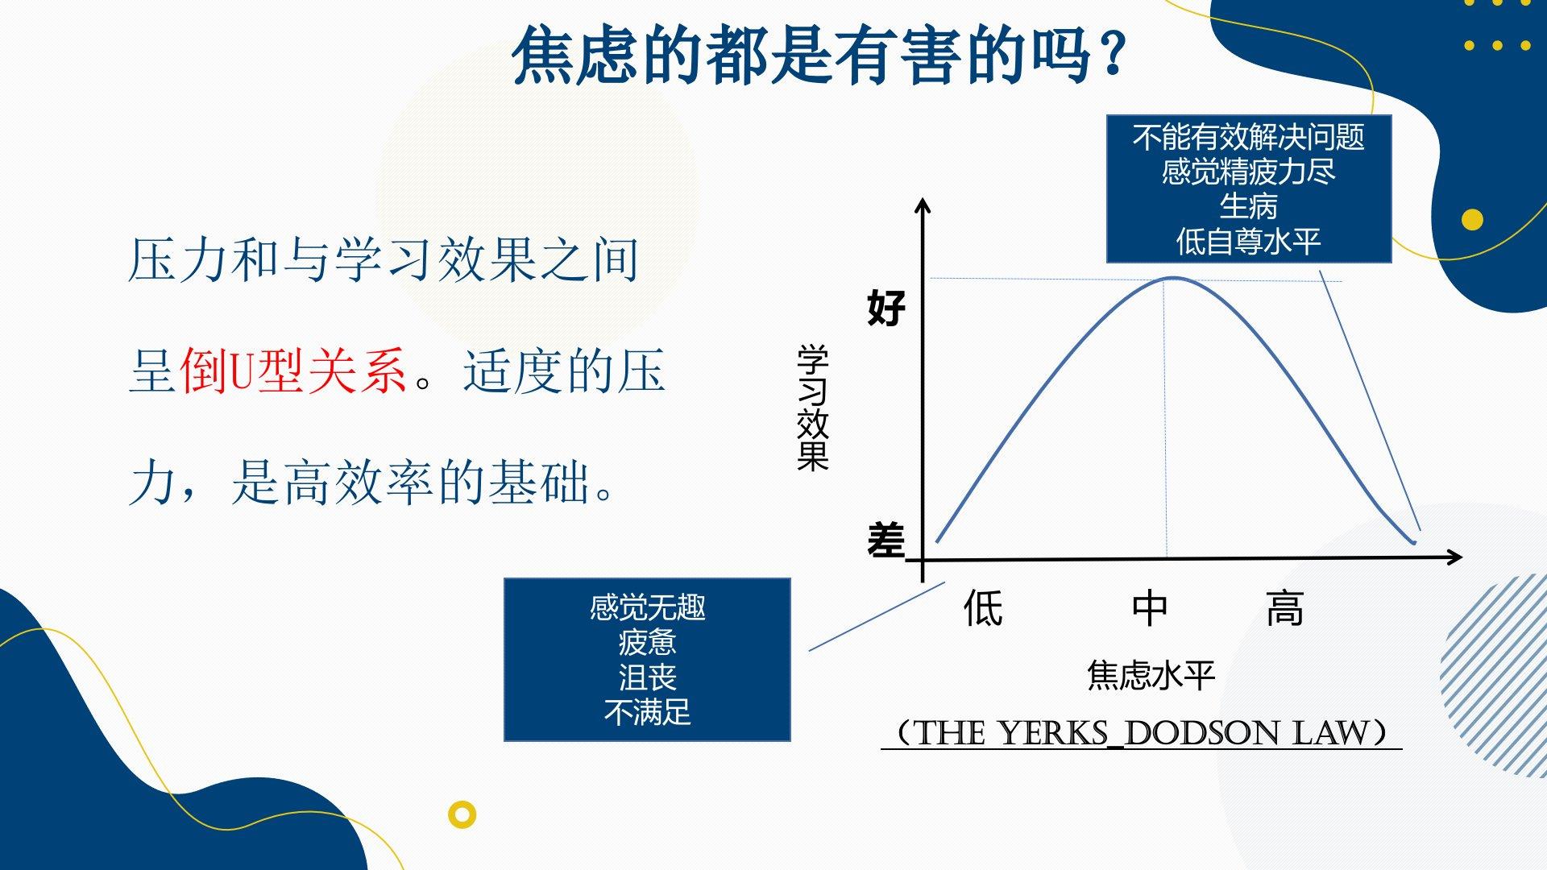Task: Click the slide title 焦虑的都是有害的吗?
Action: point(819,55)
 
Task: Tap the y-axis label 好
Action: point(886,308)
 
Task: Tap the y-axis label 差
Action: point(886,540)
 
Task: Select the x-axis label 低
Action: point(984,608)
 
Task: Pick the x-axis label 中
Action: point(1150,608)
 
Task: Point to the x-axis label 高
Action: point(1285,608)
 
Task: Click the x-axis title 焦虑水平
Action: point(1151,675)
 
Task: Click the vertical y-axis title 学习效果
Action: point(812,408)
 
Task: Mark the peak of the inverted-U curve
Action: point(1173,279)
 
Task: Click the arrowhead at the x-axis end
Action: point(1455,557)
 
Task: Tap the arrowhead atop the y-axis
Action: point(923,205)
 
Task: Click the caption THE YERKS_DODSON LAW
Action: point(1142,733)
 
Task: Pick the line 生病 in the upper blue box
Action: point(1249,206)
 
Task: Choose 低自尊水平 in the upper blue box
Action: point(1249,241)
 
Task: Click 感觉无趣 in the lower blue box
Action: point(647,607)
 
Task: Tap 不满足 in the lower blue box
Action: point(647,712)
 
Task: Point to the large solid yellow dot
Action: point(1472,219)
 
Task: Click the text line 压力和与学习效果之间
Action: point(384,260)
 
